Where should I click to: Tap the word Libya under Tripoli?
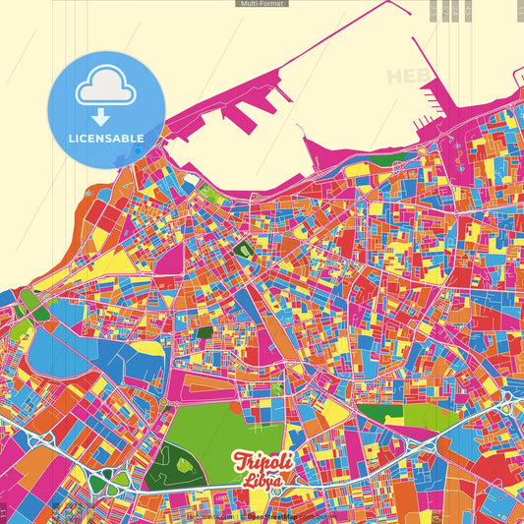[262, 483]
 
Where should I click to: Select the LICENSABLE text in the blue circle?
[105, 139]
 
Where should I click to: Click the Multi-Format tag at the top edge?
[262, 4]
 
